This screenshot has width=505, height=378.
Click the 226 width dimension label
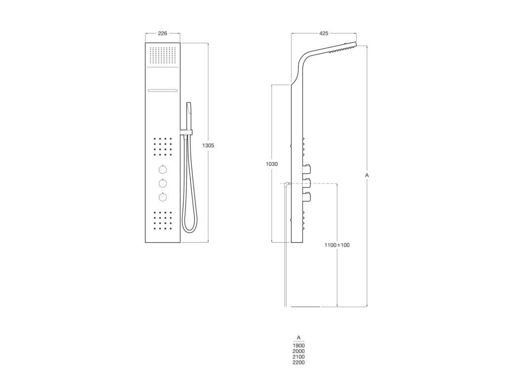(x=162, y=33)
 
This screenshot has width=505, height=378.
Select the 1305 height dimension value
(x=209, y=146)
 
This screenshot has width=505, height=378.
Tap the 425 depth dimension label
(x=324, y=33)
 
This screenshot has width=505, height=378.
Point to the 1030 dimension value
(x=272, y=164)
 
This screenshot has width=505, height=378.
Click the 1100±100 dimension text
(x=337, y=245)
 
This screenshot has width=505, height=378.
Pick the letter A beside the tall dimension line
(x=367, y=175)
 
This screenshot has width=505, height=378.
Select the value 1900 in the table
(x=298, y=346)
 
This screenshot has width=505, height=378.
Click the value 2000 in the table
(x=298, y=351)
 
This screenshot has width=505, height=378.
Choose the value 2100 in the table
(x=298, y=357)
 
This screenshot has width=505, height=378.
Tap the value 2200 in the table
(x=298, y=362)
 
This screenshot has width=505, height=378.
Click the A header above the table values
(x=298, y=338)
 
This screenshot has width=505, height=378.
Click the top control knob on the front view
(x=163, y=170)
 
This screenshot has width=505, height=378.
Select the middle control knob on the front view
(x=163, y=184)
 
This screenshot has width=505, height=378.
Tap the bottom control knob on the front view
(x=163, y=197)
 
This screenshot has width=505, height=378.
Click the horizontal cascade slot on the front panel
(x=163, y=90)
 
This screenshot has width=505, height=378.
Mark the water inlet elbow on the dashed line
(x=286, y=185)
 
